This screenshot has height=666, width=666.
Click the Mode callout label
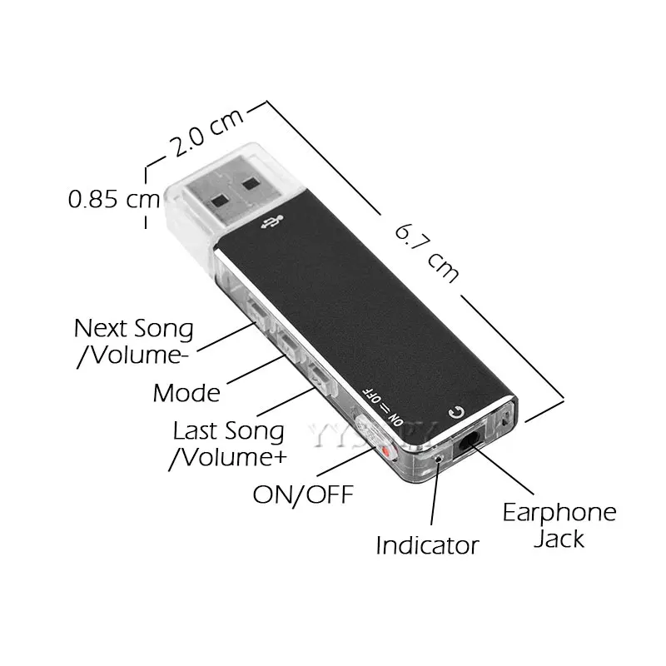click(186, 393)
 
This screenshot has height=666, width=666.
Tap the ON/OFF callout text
click(303, 495)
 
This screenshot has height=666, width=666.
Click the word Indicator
click(427, 545)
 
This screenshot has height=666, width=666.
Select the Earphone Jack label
click(559, 524)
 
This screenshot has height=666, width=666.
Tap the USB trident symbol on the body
click(271, 224)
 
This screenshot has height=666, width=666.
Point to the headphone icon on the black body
click(455, 411)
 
